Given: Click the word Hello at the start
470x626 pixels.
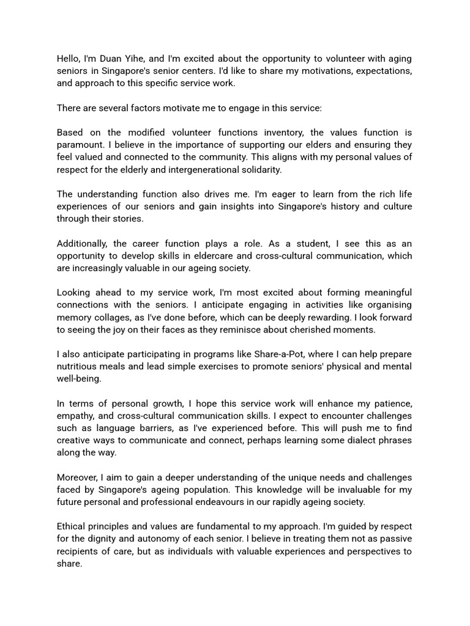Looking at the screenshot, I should pos(69,59).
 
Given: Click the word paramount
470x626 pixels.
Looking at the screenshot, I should pos(81,145).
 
